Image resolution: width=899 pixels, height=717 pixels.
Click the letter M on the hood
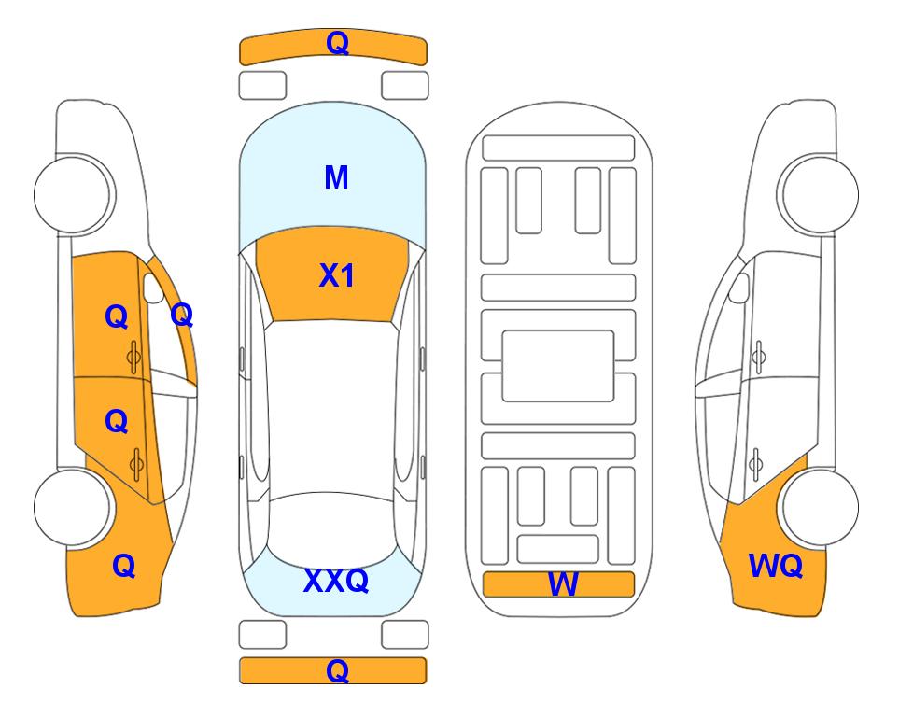[x=336, y=177]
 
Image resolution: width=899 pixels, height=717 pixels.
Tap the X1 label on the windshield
[x=337, y=275]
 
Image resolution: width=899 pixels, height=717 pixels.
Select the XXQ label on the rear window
[x=336, y=580]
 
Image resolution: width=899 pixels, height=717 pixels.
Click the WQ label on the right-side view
[x=776, y=566]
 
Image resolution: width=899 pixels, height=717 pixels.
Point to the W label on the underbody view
[x=563, y=584]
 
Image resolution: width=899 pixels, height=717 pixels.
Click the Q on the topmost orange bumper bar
[x=337, y=42]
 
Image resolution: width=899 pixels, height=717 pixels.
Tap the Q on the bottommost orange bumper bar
[x=337, y=670]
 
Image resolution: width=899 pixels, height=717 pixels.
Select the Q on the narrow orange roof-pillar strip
[x=182, y=315]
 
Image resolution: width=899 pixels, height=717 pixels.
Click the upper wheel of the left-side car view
[x=74, y=194]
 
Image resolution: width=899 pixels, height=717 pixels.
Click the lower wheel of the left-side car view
[x=73, y=508]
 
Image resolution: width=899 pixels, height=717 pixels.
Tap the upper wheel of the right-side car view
[x=818, y=194]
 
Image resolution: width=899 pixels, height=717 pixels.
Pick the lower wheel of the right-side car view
[x=820, y=508]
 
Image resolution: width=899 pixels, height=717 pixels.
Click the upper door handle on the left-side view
[x=133, y=357]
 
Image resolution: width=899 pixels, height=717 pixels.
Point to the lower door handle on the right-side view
[x=756, y=464]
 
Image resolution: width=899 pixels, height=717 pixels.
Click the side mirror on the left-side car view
[x=152, y=288]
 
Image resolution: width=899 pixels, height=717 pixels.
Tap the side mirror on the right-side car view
[x=739, y=288]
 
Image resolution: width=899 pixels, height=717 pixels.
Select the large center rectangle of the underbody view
[x=558, y=366]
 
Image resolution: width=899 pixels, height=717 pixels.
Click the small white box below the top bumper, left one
[x=262, y=86]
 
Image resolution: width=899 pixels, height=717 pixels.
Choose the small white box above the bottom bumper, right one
[x=405, y=635]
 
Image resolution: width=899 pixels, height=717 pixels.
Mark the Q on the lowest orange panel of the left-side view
[x=124, y=566]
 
